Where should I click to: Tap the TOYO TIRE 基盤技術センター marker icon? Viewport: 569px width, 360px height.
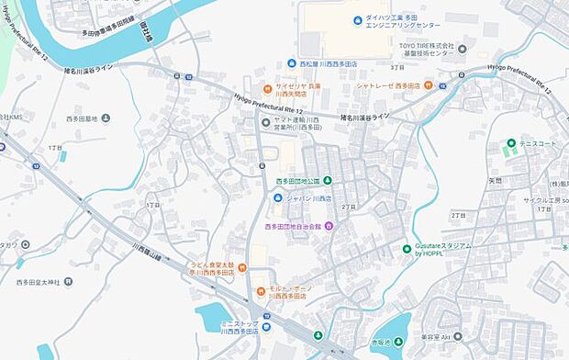click(x=462, y=49)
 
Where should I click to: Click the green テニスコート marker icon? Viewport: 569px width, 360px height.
click(x=510, y=144)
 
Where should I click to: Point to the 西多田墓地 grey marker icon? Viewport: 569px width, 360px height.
click(x=106, y=118)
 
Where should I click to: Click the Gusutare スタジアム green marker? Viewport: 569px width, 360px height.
click(x=407, y=249)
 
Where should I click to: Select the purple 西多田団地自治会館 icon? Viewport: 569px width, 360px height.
click(x=329, y=226)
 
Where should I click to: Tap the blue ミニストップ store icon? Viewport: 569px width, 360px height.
click(x=265, y=325)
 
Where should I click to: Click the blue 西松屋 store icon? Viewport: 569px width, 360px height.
click(x=291, y=64)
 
